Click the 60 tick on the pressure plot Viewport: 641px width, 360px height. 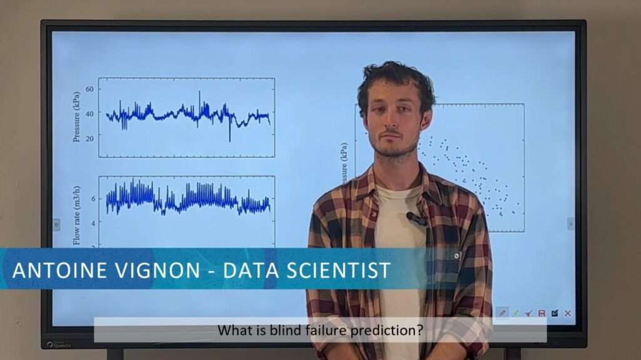[90, 90]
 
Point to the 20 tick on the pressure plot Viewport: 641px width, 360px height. [90, 138]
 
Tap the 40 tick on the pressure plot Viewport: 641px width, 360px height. [90, 113]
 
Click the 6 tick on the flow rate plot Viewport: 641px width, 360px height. [93, 199]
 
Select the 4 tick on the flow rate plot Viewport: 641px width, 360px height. [93, 223]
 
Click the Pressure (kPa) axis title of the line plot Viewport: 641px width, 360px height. [76, 116]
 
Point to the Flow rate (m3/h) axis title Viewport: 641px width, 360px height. [76, 214]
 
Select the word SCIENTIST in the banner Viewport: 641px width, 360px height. [338, 270]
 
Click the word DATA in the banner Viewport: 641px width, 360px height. [249, 270]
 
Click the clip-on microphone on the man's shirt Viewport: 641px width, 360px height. [416, 219]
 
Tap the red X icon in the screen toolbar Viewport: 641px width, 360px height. [568, 313]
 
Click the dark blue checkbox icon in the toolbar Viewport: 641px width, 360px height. [555, 313]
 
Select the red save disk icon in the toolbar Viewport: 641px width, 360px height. [541, 313]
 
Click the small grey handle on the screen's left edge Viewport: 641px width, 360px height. [56, 224]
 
